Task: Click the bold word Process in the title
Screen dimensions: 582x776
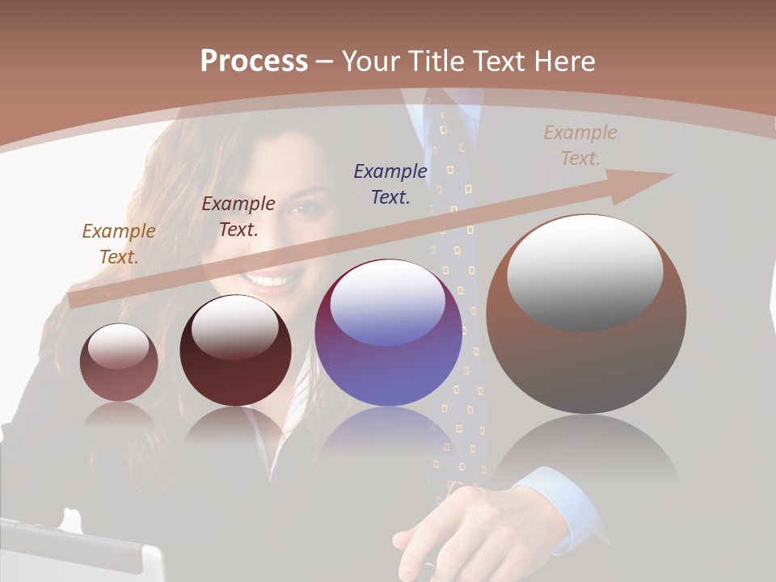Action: point(254,61)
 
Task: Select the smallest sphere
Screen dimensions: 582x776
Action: point(119,362)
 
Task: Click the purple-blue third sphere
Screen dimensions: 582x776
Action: point(388,332)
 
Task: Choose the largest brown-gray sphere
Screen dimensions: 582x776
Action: point(586,314)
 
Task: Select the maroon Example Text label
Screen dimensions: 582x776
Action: point(238,217)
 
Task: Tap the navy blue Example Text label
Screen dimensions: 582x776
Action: point(390,183)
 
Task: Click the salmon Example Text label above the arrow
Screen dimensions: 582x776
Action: point(580,145)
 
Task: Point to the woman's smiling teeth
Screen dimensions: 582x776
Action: point(271,282)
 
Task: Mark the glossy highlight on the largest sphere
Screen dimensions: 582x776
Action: point(584,271)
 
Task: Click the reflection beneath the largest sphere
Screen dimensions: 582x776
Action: point(586,453)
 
